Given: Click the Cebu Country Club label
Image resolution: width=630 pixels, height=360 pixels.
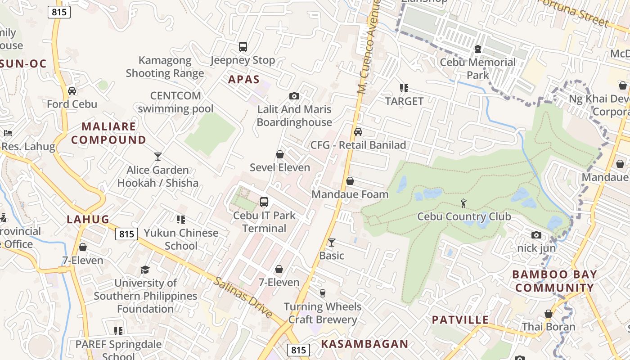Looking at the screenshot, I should (x=464, y=217).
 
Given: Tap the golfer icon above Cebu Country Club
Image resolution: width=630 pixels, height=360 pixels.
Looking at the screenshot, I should (x=463, y=203).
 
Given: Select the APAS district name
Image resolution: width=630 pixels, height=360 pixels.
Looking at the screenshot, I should (x=244, y=80).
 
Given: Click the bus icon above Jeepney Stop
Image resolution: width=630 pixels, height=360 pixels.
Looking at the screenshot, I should (x=243, y=46).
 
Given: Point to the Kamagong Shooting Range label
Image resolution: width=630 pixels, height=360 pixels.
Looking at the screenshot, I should (x=165, y=67).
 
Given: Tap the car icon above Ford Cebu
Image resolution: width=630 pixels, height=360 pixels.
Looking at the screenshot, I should (x=72, y=91).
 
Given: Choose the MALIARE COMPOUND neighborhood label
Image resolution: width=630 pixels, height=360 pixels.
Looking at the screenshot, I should (x=108, y=133).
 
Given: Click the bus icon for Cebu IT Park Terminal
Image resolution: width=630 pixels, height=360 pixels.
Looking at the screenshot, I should (x=264, y=202).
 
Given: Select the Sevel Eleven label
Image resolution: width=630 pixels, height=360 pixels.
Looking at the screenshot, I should (x=280, y=167).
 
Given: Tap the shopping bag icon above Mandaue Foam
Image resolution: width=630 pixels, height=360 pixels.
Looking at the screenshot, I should (x=350, y=181).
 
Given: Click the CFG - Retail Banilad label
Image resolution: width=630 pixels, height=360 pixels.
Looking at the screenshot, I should (x=358, y=145).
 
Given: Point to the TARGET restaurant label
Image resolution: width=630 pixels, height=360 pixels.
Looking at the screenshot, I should (x=404, y=101).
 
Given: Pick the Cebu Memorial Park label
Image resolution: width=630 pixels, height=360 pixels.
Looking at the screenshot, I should (x=477, y=68).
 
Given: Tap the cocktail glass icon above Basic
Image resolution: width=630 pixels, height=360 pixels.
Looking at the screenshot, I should (x=332, y=243).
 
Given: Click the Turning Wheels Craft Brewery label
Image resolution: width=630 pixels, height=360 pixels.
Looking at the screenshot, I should (x=323, y=313).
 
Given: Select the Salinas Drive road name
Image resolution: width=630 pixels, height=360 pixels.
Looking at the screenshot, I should (x=243, y=297).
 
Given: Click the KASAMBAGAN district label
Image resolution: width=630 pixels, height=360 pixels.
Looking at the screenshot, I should (x=364, y=344).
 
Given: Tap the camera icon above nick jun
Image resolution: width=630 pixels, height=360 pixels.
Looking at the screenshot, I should (x=536, y=235).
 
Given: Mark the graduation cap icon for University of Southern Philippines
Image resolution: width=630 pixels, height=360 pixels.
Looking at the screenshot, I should (x=145, y=270).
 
